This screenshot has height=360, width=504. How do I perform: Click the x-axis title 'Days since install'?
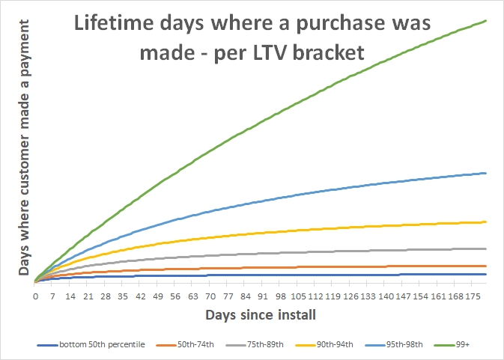coord(260,314)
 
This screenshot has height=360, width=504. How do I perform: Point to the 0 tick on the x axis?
coord(35,296)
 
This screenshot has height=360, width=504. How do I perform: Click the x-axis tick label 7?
coord(53,296)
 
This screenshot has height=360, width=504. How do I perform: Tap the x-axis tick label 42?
coord(140,296)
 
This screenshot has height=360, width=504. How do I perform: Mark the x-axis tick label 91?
coord(262,296)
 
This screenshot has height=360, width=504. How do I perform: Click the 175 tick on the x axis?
coord(472,296)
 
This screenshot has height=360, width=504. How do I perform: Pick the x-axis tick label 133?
coord(367,296)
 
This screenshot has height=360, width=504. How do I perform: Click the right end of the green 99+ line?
coord(487,21)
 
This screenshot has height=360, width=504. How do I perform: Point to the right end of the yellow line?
coord(487,222)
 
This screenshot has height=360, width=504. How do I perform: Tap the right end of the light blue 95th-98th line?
coord(487,173)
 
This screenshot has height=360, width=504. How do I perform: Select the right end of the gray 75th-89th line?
coord(487,248)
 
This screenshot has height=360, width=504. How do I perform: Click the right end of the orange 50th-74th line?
coord(487,266)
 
